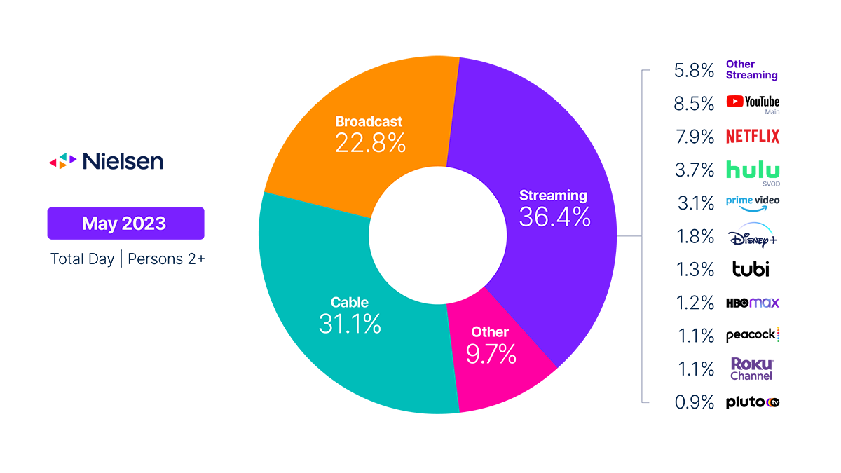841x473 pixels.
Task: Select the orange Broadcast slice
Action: (x=350, y=105)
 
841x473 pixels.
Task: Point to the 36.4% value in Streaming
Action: (x=554, y=217)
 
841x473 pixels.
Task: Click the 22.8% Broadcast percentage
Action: (x=369, y=143)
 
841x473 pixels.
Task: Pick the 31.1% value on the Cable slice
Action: (x=349, y=324)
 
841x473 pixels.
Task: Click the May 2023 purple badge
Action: (x=125, y=223)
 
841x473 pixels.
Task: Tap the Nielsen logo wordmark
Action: (x=123, y=162)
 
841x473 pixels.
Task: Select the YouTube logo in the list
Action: (x=753, y=102)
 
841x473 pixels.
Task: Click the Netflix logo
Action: (x=752, y=136)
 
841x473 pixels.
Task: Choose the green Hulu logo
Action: (x=752, y=170)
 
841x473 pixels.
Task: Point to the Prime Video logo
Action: (x=752, y=202)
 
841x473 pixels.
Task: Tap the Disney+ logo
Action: (x=752, y=237)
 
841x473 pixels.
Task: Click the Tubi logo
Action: (x=751, y=268)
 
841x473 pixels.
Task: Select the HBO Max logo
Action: (x=752, y=303)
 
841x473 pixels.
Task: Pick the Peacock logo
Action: (x=752, y=335)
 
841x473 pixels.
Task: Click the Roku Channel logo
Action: (x=751, y=369)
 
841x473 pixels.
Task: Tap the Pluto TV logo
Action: (x=752, y=402)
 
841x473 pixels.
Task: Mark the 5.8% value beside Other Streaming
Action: (x=693, y=69)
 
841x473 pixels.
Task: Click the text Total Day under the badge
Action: (x=82, y=259)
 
